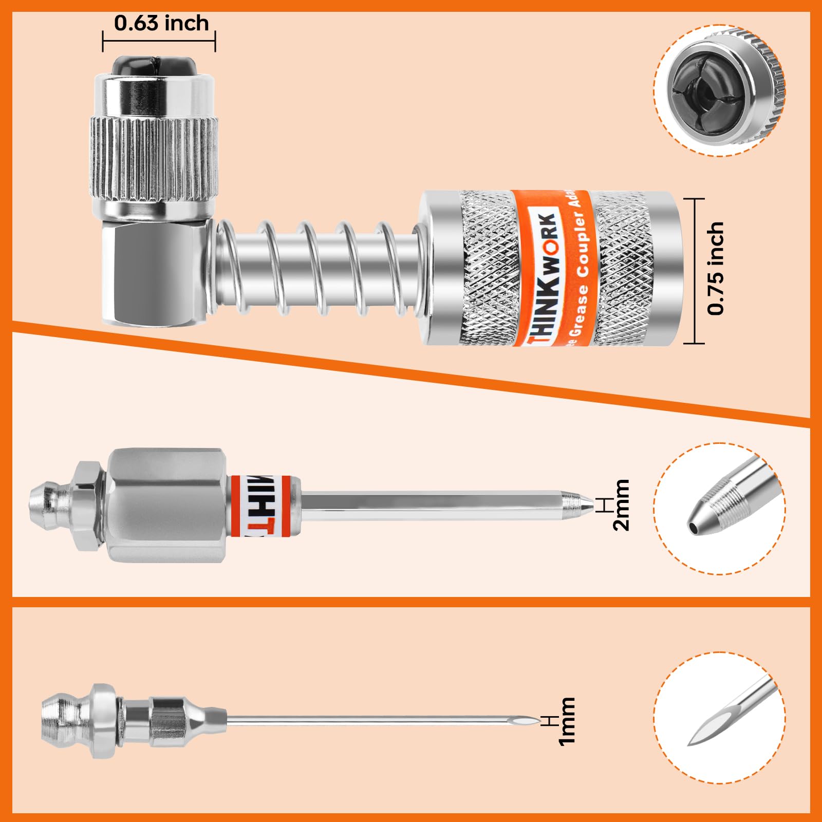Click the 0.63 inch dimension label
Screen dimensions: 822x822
(161, 24)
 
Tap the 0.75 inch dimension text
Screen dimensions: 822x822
(716, 268)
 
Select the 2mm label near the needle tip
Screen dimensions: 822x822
(621, 505)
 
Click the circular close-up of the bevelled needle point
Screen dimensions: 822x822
(719, 718)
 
